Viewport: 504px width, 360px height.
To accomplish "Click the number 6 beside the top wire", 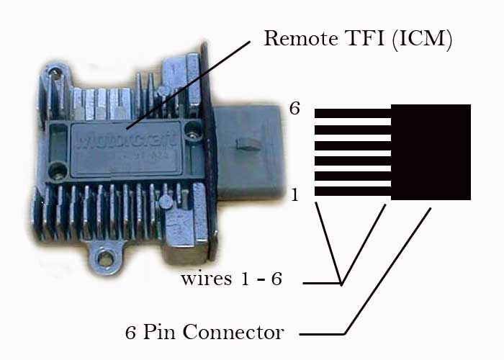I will [x=294, y=109].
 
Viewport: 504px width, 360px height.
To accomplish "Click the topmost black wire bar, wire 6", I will [x=352, y=113].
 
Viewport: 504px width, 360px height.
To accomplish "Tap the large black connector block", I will [x=431, y=152].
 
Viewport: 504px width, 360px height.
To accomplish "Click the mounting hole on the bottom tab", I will [x=107, y=257].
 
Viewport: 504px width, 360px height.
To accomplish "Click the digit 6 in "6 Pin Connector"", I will [x=130, y=333].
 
